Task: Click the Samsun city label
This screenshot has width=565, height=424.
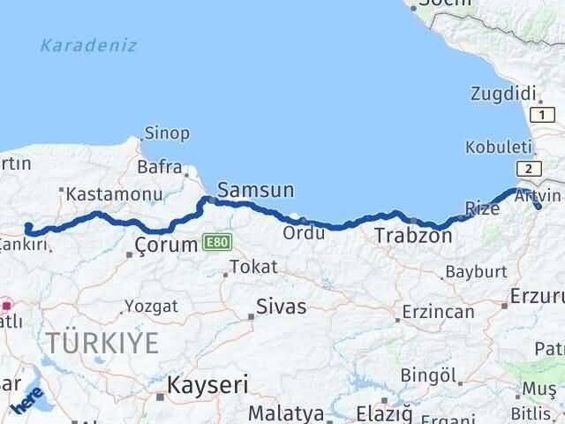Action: click(255, 190)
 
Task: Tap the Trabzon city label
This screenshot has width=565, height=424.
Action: click(413, 236)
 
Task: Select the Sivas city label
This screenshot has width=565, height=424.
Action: click(281, 307)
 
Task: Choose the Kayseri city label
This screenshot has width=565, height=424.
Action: click(208, 384)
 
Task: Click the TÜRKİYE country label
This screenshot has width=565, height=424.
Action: click(102, 343)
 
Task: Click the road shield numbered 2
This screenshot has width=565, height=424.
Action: click(527, 169)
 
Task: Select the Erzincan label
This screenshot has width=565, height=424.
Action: click(437, 312)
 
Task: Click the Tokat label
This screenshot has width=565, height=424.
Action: click(252, 266)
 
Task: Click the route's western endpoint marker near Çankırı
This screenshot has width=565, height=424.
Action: click(28, 226)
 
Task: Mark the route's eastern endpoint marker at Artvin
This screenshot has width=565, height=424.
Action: click(539, 207)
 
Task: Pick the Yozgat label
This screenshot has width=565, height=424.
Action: click(151, 306)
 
